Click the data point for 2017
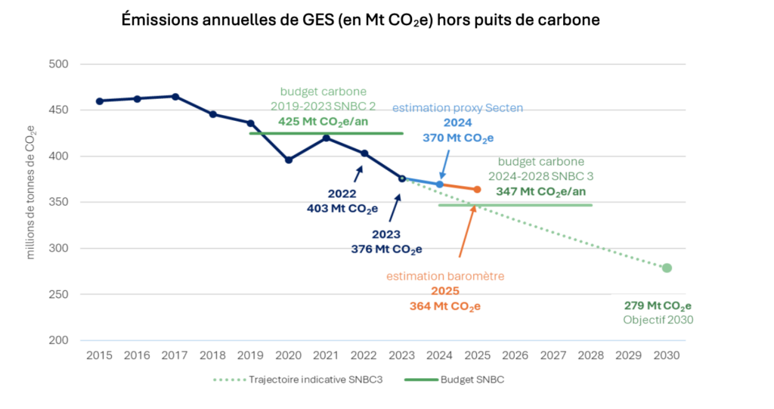175,97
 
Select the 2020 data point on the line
289,160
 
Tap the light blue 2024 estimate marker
440,184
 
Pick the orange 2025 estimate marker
477,189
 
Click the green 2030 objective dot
667,268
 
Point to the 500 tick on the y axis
58,64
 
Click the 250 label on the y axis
58,294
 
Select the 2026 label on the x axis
515,355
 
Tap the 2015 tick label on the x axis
100,355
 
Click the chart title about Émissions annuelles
361,21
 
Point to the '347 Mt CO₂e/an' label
541,192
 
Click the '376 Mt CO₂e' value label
386,249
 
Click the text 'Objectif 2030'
658,320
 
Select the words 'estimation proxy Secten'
457,108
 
